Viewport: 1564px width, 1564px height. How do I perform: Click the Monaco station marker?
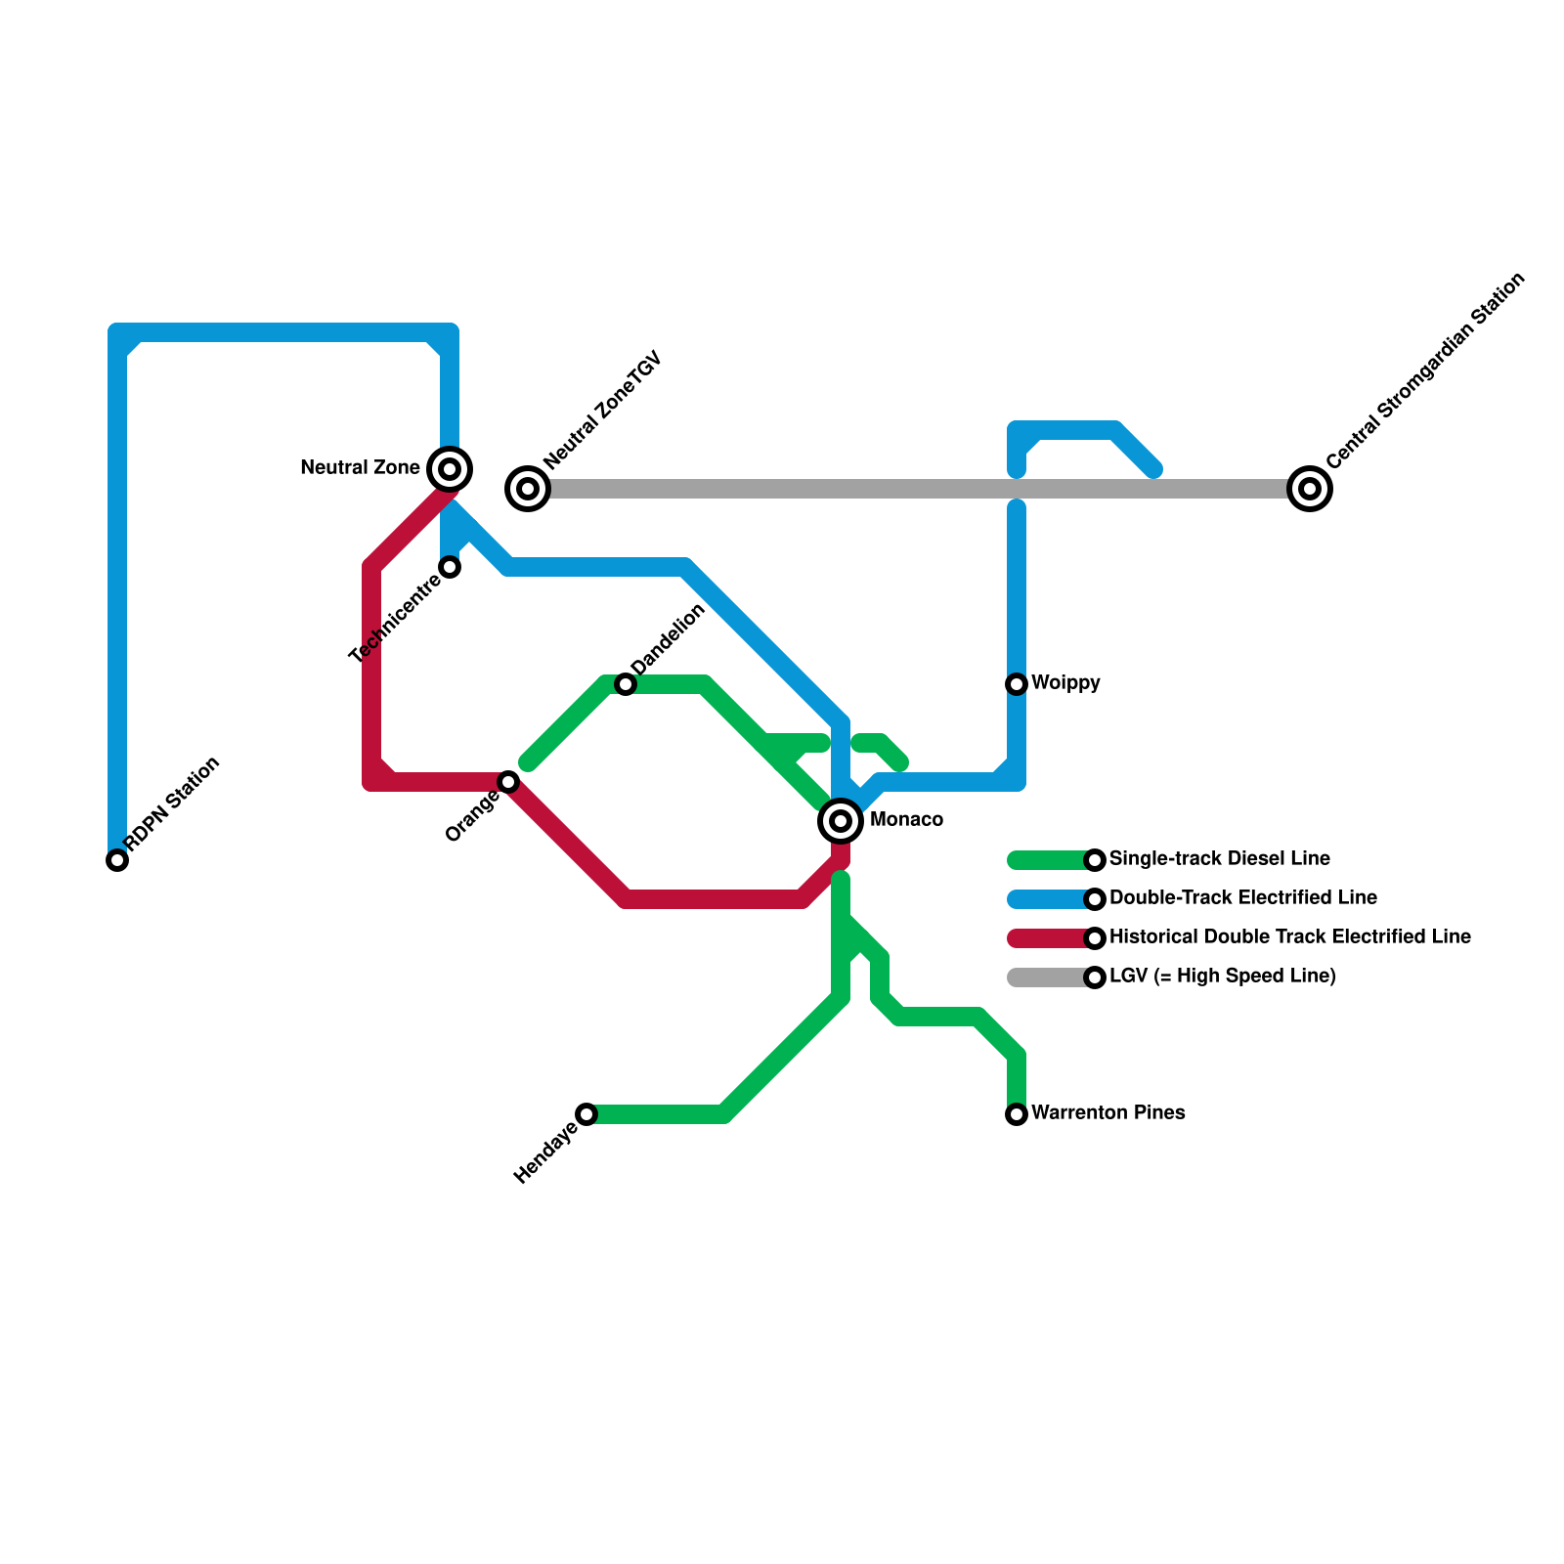click(841, 820)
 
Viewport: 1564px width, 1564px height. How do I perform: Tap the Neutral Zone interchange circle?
click(450, 469)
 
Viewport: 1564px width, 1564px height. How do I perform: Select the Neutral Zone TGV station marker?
click(528, 488)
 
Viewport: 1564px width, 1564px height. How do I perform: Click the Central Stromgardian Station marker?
click(1310, 488)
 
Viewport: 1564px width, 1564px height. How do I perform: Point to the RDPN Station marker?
click(117, 860)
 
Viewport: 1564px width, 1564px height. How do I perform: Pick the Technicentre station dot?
click(450, 567)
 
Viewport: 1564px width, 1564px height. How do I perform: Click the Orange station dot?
click(508, 782)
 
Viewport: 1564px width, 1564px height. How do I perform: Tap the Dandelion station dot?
click(626, 684)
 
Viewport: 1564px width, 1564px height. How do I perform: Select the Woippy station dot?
click(1017, 684)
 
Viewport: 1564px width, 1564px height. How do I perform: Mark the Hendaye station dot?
click(586, 1114)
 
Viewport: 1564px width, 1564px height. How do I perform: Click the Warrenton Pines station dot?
click(1017, 1114)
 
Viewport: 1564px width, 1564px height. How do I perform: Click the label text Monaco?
click(906, 820)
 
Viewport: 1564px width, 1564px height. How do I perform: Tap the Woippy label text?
click(1065, 683)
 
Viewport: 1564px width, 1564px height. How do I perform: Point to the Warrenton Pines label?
click(1108, 1113)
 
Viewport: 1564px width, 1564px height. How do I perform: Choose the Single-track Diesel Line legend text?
click(1219, 859)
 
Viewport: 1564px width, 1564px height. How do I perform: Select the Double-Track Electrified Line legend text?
click(1242, 898)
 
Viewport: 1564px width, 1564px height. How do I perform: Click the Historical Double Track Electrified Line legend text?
click(1289, 937)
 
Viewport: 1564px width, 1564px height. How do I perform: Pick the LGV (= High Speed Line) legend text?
click(1222, 977)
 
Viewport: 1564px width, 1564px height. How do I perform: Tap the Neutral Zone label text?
click(360, 468)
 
